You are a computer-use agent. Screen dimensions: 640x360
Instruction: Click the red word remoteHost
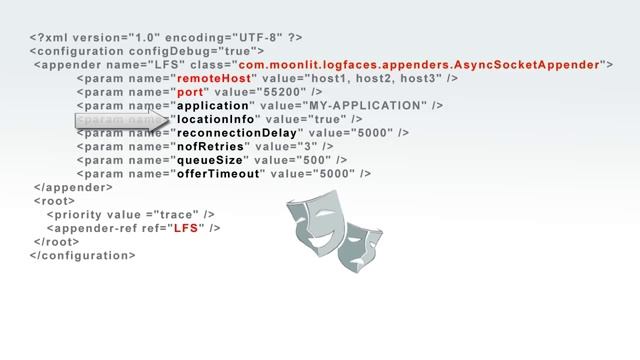point(213,78)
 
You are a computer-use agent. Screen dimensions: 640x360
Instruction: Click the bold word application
point(212,105)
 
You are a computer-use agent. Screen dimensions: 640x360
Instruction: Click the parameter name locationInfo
point(216,119)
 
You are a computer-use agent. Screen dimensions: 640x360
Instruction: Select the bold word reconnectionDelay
point(237,133)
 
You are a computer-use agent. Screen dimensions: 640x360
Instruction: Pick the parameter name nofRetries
point(209,146)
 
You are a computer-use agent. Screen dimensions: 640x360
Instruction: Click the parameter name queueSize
point(210,160)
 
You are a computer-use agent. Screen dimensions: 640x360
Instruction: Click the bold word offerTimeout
point(219,173)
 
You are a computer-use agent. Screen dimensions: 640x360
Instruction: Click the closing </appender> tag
point(73,187)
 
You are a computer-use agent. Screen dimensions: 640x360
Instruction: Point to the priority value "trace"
point(177,214)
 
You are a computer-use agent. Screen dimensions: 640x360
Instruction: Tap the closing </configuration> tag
point(83,255)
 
